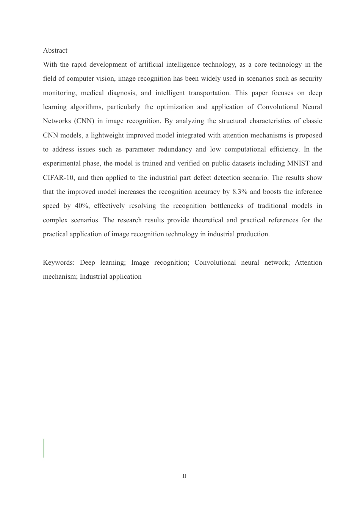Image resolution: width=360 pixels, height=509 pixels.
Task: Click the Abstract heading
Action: [x=55, y=50]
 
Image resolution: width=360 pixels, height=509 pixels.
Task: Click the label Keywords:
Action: [x=59, y=262]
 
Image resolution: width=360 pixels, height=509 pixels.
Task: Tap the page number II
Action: [x=184, y=476]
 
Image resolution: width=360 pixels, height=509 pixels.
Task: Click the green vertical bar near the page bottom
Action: [x=44, y=448]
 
